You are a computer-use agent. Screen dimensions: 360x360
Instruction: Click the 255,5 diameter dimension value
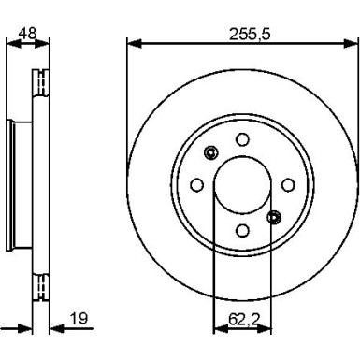pos(250,34)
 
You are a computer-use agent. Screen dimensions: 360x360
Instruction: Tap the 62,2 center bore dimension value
pos(244,319)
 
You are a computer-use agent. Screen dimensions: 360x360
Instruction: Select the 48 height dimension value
pos(27,33)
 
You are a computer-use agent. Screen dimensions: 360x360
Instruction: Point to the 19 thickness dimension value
pos(79,319)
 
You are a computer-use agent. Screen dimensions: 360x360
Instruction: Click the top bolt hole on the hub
pos(242,139)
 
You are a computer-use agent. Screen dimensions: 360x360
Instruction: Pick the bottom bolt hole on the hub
pos(242,230)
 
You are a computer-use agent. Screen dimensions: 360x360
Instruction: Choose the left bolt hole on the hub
pos(196,185)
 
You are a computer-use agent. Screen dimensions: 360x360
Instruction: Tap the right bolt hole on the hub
pos(288,185)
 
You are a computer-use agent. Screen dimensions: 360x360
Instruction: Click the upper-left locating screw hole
pos(210,152)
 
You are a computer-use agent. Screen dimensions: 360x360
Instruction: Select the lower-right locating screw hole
pos(274,217)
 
